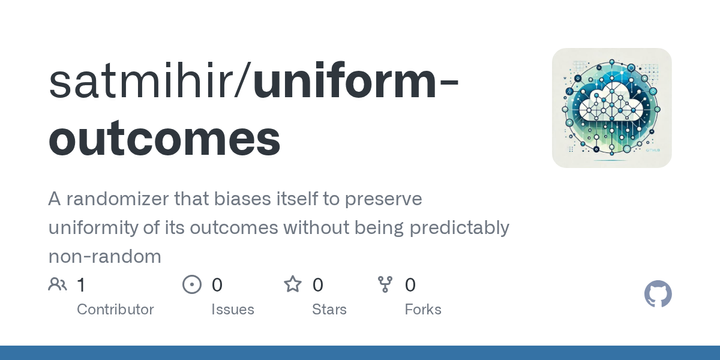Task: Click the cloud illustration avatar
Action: (611, 108)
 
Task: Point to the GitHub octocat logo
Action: (658, 294)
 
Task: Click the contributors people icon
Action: (57, 285)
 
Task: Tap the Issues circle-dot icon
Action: (192, 285)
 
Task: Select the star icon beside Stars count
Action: (293, 285)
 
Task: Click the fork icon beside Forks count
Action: (385, 285)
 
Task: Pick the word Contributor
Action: (115, 310)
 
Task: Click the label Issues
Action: (232, 310)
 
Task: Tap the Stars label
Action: (330, 310)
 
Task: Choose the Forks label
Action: (423, 310)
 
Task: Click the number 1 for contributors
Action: (81, 285)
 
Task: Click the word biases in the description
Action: (246, 199)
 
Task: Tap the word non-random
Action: (104, 257)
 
